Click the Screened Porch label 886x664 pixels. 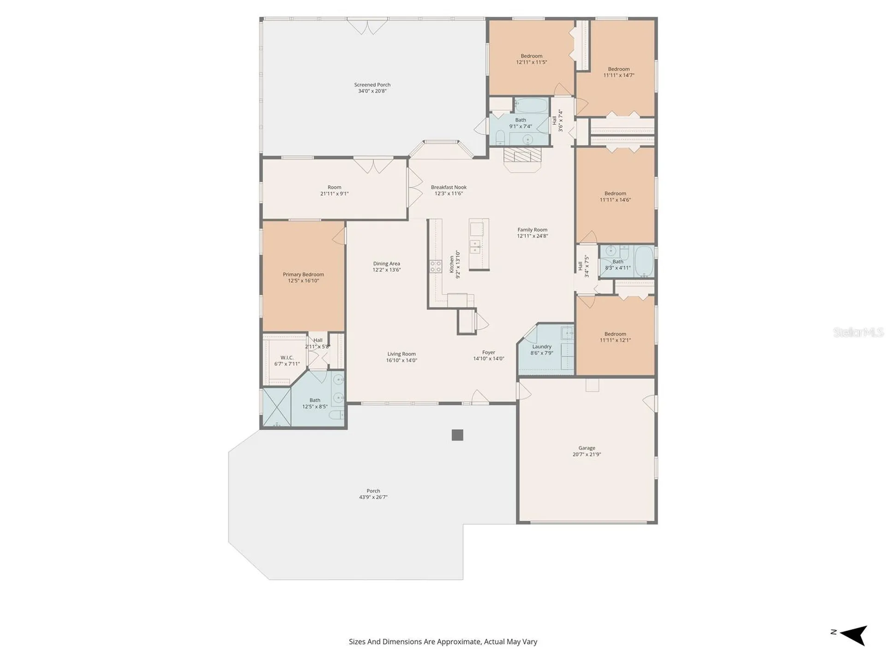pyautogui.click(x=372, y=85)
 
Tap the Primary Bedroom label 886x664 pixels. pyautogui.click(x=303, y=274)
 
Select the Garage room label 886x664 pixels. pyautogui.click(x=587, y=448)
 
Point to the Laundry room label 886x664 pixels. pyautogui.click(x=542, y=347)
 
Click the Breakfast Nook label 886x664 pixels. pyautogui.click(x=449, y=187)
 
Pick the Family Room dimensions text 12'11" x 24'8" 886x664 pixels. pyautogui.click(x=532, y=236)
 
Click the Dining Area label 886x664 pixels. pyautogui.click(x=387, y=264)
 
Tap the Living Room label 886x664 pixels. pyautogui.click(x=401, y=354)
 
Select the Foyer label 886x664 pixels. pyautogui.click(x=489, y=352)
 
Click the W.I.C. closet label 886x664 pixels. pyautogui.click(x=287, y=358)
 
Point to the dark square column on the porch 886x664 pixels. pyautogui.click(x=457, y=435)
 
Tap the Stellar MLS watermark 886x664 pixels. pyautogui.click(x=858, y=332)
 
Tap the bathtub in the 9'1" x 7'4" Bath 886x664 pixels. pyautogui.click(x=531, y=106)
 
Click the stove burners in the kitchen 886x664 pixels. pyautogui.click(x=436, y=266)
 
